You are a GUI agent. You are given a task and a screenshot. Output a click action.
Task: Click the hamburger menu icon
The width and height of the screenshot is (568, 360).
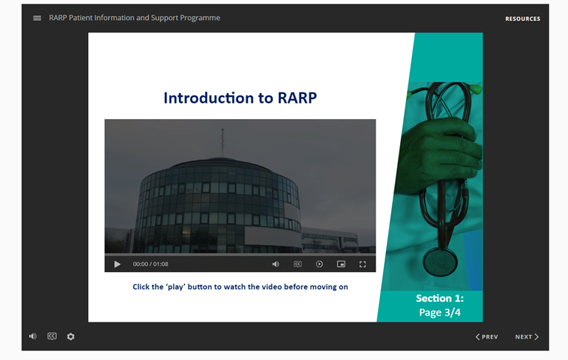click(x=37, y=18)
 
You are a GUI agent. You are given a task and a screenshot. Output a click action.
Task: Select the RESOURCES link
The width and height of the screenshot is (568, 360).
click(x=522, y=18)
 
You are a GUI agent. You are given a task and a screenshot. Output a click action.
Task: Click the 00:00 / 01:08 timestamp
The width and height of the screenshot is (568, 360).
click(x=150, y=264)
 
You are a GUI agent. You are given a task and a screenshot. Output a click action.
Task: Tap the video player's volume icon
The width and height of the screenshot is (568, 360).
click(x=276, y=264)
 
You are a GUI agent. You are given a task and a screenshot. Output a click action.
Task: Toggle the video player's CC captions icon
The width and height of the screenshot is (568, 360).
click(x=297, y=264)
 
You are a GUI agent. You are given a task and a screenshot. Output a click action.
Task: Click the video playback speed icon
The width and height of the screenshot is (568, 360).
click(x=319, y=264)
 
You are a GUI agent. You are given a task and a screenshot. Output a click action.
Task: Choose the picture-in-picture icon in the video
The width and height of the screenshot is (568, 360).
click(x=341, y=264)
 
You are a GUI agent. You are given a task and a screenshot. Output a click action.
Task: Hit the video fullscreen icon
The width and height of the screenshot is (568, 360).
click(x=362, y=264)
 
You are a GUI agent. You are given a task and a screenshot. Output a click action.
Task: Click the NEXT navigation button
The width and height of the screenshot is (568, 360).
click(x=527, y=337)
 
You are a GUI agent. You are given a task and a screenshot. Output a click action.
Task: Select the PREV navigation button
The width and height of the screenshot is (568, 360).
click(x=487, y=337)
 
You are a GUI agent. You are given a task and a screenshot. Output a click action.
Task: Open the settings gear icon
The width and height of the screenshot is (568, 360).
click(x=71, y=336)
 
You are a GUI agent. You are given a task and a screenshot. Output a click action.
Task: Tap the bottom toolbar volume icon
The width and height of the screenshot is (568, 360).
click(x=33, y=336)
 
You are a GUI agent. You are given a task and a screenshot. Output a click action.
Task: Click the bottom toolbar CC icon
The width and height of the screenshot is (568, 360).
click(x=52, y=336)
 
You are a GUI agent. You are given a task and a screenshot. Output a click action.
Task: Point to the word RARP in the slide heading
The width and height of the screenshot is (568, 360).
click(x=297, y=98)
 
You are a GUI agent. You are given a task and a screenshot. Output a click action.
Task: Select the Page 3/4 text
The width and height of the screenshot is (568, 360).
click(x=440, y=312)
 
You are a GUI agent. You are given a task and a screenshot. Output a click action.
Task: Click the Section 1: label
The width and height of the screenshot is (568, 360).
click(x=440, y=298)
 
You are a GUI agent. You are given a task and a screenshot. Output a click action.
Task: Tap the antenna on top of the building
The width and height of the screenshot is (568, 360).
click(x=223, y=142)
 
